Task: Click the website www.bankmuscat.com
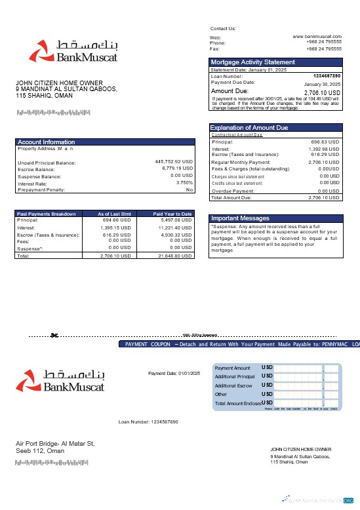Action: [x=317, y=37]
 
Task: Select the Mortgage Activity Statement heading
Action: [x=252, y=62]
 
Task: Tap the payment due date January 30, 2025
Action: [x=322, y=85]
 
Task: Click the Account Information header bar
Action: [x=46, y=142]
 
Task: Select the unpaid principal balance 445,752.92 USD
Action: [x=174, y=162]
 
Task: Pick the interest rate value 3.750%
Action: [x=184, y=183]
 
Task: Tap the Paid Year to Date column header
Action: [x=172, y=214]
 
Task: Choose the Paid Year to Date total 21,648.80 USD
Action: [x=175, y=256]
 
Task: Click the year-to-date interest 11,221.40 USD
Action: [x=175, y=227]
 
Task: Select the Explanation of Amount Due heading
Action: [x=249, y=128]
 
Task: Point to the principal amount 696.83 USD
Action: [x=325, y=142]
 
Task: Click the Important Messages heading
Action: [x=239, y=218]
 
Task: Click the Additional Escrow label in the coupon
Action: [x=233, y=385]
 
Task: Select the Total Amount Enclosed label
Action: [x=237, y=403]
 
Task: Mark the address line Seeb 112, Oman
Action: [x=40, y=450]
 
